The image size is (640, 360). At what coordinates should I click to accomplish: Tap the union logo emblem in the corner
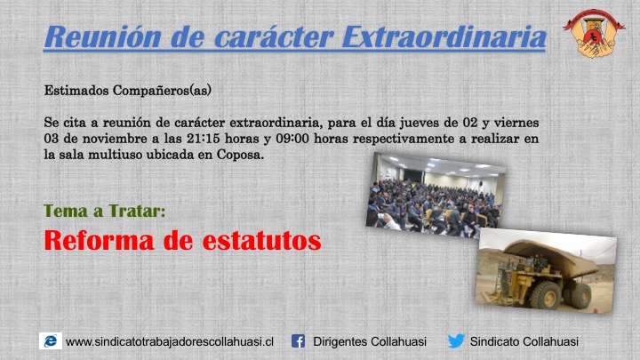(x=594, y=33)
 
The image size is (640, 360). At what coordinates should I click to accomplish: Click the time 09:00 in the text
(x=292, y=139)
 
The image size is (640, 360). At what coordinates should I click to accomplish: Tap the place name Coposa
(x=240, y=155)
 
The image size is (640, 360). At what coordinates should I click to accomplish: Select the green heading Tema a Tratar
(x=105, y=211)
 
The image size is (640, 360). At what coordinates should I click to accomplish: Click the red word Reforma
(x=100, y=240)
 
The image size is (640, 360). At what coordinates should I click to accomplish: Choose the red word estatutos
(x=262, y=241)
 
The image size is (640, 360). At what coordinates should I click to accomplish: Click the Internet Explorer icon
(x=51, y=340)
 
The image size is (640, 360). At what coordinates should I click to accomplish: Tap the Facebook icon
(x=299, y=341)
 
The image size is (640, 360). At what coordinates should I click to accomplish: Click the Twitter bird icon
(x=456, y=340)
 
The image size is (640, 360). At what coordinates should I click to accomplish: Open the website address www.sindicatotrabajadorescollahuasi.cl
(x=170, y=341)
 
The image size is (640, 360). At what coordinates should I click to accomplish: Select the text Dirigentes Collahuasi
(x=370, y=341)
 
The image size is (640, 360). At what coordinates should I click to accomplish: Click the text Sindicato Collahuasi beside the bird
(x=524, y=341)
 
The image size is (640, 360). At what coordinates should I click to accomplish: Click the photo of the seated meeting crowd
(x=436, y=195)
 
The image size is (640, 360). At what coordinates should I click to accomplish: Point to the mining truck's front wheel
(x=545, y=295)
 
